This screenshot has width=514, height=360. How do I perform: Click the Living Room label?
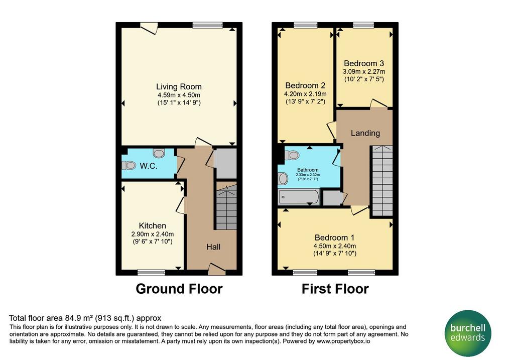tap(179, 86)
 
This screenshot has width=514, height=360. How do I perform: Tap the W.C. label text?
tap(149, 166)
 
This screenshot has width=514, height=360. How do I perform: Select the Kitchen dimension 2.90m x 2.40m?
tap(153, 234)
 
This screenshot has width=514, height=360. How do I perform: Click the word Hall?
tap(213, 247)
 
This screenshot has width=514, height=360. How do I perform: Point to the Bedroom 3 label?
tap(364, 63)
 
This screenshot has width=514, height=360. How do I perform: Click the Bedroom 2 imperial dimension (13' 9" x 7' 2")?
tap(305, 101)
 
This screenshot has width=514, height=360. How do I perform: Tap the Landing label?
tap(365, 133)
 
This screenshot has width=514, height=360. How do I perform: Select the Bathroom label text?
tap(308, 170)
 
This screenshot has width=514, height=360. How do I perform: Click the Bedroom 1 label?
tap(334, 237)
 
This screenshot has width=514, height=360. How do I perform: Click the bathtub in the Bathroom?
tap(299, 197)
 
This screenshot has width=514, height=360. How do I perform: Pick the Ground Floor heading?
tap(179, 289)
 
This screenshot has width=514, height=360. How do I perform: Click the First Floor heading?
tap(335, 289)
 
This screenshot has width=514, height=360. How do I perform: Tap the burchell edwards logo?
tap(468, 333)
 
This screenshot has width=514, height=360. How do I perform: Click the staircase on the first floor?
tap(382, 181)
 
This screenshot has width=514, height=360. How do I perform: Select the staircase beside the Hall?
tap(226, 206)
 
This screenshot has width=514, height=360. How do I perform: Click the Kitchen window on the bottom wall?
tap(151, 272)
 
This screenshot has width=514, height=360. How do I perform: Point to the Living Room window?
tap(207, 25)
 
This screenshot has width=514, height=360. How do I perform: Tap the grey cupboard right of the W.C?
tap(225, 164)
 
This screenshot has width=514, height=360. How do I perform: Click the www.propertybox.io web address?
tap(343, 341)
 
